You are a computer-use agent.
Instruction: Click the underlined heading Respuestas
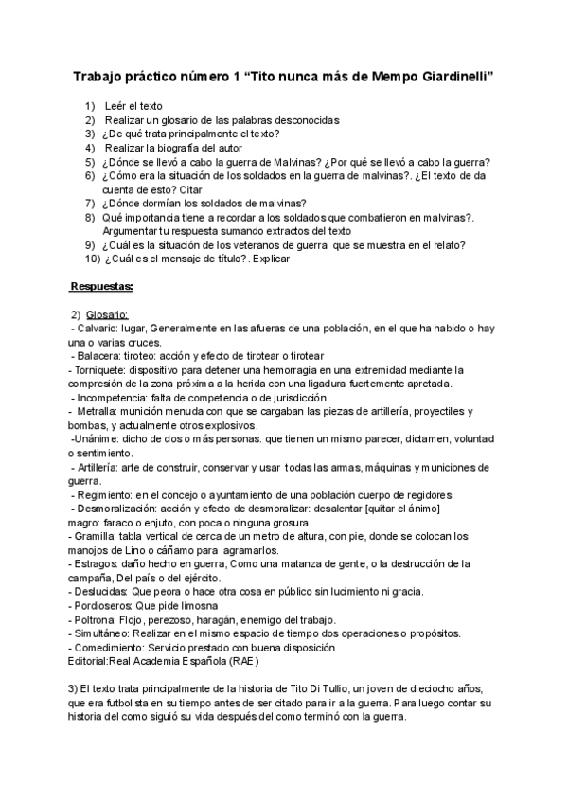(102, 285)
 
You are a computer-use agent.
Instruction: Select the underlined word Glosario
(107, 314)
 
